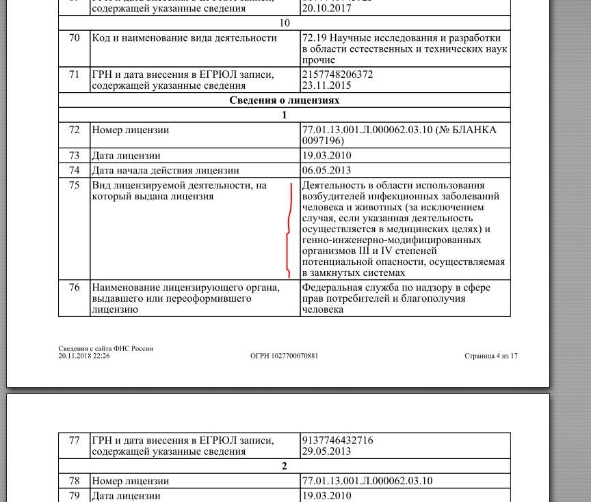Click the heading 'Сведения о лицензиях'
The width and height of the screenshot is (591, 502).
click(284, 100)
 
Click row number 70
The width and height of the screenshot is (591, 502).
click(74, 38)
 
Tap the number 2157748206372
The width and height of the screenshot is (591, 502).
click(337, 74)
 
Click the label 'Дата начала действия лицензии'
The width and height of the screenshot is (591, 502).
click(166, 170)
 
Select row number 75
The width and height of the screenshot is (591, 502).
click(74, 185)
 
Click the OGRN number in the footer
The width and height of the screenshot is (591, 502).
click(284, 356)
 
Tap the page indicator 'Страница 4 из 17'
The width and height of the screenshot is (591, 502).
click(490, 356)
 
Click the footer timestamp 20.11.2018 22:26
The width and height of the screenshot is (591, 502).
click(84, 356)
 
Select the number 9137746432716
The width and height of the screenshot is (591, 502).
click(337, 441)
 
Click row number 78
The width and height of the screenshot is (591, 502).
click(74, 481)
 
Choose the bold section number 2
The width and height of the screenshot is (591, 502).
click(284, 466)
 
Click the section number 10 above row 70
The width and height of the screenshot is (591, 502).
click(284, 23)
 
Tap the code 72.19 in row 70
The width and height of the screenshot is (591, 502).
click(313, 38)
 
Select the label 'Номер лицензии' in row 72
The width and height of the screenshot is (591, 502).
click(131, 130)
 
